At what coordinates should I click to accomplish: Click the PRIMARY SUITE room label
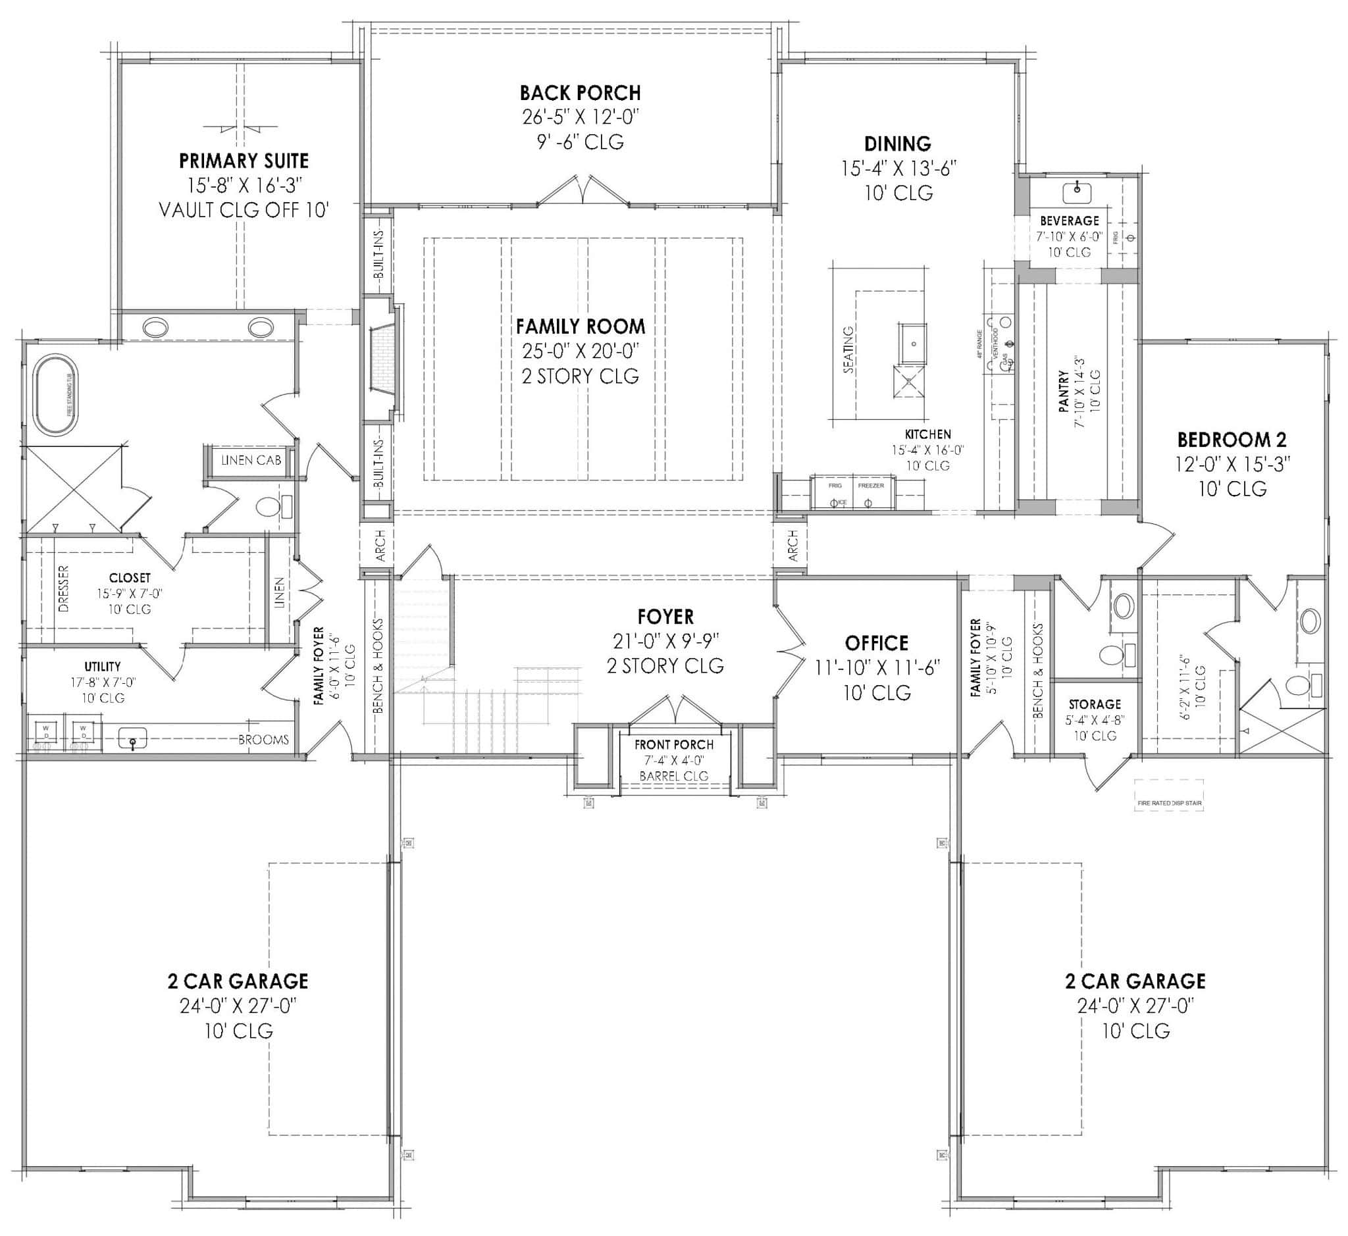click(x=244, y=161)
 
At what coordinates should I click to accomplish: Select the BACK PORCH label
click(x=580, y=93)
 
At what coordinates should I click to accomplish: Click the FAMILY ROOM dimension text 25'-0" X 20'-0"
click(x=580, y=351)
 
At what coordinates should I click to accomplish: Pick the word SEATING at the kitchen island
click(x=848, y=349)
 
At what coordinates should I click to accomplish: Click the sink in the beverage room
click(x=1076, y=193)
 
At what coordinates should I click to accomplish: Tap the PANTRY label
click(x=1064, y=391)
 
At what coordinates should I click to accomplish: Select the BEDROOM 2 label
click(x=1231, y=440)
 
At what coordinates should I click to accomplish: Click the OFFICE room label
click(x=876, y=644)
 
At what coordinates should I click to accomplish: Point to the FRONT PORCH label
click(x=673, y=745)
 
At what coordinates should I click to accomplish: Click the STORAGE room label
click(x=1095, y=704)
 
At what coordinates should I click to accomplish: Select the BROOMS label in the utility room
click(x=263, y=740)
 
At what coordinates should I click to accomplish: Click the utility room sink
click(x=132, y=738)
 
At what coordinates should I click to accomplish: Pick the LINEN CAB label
click(x=251, y=460)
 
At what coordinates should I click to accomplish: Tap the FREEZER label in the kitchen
click(x=871, y=486)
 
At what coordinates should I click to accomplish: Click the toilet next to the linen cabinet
click(x=269, y=507)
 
